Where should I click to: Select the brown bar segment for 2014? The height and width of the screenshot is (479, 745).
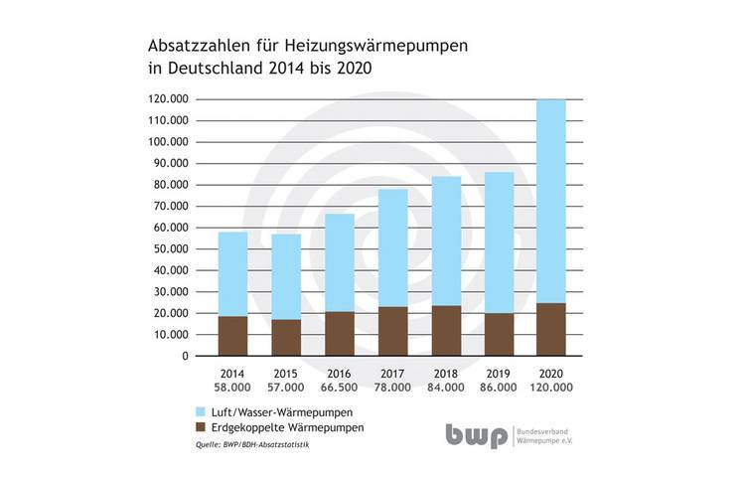[x=232, y=336]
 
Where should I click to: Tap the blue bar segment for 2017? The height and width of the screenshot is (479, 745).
[x=393, y=247]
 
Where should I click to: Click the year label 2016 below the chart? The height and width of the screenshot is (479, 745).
[x=340, y=373]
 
